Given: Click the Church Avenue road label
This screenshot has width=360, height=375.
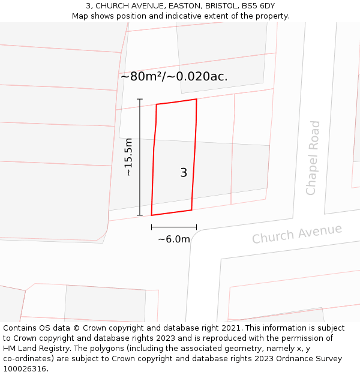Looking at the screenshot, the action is [x=296, y=234].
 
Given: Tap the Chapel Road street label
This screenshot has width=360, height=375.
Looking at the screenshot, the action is [x=313, y=158].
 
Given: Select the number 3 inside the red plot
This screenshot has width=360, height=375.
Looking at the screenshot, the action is [x=184, y=173].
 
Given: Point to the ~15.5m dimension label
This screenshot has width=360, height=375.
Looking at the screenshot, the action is [x=128, y=157].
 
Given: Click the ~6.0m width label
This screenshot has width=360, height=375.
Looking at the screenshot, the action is [x=174, y=239].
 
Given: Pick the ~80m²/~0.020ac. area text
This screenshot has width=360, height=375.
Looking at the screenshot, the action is [x=174, y=77].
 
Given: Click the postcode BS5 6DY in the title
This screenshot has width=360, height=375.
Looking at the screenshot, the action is [x=258, y=6].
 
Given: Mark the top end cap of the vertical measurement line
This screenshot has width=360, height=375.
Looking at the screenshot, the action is [x=140, y=99].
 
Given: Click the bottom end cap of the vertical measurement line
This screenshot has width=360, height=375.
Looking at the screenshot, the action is [x=140, y=215].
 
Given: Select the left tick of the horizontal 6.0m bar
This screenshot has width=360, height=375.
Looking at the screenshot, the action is [x=152, y=227].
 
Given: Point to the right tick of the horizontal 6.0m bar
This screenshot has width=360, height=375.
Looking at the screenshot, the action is [x=196, y=227].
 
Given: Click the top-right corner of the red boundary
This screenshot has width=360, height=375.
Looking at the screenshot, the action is [x=196, y=99].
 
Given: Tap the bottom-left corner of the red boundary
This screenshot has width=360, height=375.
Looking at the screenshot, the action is [x=151, y=215].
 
